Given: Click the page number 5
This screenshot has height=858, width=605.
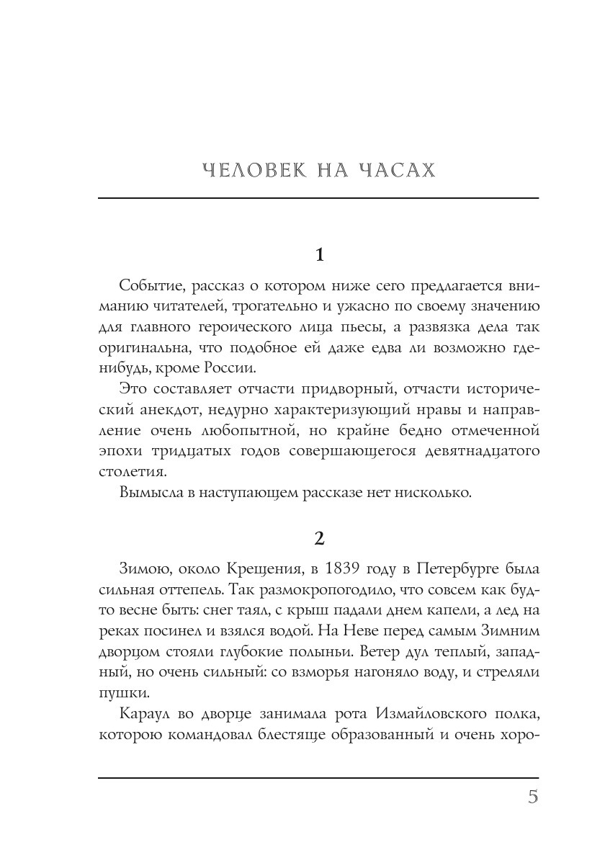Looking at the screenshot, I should coord(533,797).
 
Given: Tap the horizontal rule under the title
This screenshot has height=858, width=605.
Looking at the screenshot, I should coord(318,198).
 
